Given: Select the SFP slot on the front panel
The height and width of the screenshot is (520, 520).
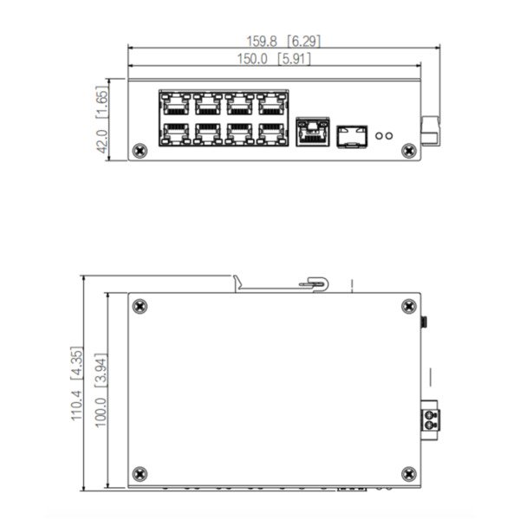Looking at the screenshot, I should coord(351,133).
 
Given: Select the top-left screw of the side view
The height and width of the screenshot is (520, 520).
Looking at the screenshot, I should coord(140,305).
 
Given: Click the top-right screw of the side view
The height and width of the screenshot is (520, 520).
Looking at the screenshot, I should coord(409,305).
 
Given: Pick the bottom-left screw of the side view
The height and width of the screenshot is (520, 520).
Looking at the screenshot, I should coord(140,473).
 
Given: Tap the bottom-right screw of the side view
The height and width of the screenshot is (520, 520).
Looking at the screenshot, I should coord(409,473).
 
